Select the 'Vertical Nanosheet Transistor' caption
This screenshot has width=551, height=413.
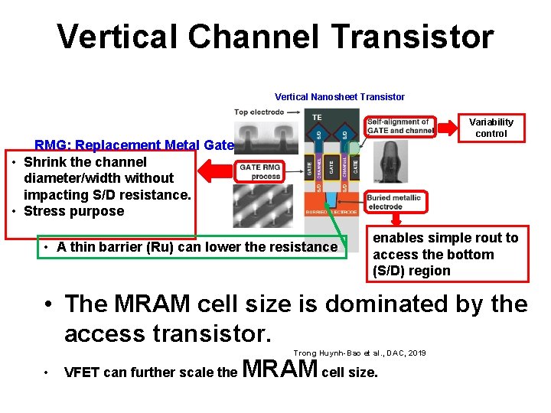340,96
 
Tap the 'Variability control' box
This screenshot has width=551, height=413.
491,128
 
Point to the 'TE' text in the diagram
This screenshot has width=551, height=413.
317,117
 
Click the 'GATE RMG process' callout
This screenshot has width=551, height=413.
260,171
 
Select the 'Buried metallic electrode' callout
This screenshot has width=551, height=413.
393,202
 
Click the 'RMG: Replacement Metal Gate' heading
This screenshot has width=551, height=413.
135,145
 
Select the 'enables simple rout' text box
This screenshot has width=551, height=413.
445,254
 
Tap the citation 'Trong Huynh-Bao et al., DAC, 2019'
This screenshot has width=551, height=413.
359,353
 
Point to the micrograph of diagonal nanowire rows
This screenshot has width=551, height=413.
268,207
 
